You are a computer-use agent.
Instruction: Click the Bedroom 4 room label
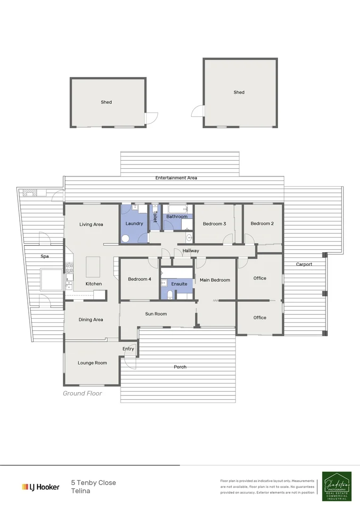click(x=139, y=279)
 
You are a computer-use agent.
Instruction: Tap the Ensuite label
click(x=179, y=284)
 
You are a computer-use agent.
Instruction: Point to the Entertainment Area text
click(x=176, y=178)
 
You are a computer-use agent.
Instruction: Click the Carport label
click(x=304, y=264)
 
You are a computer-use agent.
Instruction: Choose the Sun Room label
click(x=156, y=314)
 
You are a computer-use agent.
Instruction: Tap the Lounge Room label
click(x=92, y=363)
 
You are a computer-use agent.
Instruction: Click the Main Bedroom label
click(x=215, y=280)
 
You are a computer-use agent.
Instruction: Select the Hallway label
click(x=191, y=251)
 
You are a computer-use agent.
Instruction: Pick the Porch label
click(x=180, y=367)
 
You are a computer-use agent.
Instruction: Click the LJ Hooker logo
click(x=41, y=487)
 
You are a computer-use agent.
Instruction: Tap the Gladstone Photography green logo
click(x=336, y=486)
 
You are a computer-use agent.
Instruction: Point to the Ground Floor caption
click(x=82, y=393)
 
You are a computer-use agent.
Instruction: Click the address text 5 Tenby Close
click(x=93, y=483)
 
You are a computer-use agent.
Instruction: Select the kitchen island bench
click(x=93, y=266)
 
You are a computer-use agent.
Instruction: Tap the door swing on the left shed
click(x=152, y=118)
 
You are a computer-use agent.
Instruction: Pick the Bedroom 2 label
click(x=262, y=223)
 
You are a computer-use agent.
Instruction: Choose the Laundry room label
click(x=134, y=223)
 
